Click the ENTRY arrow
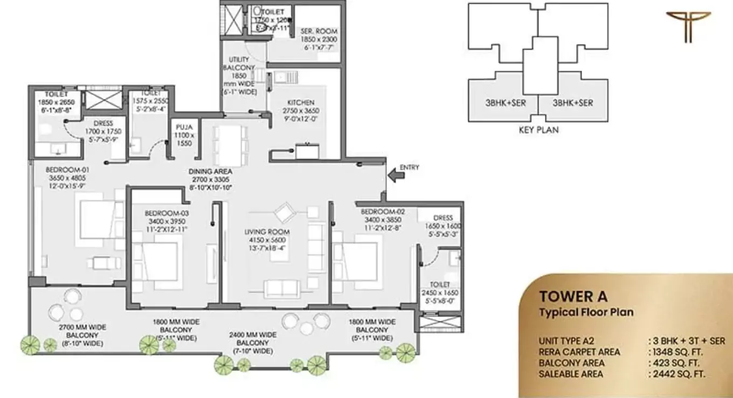(x=395, y=174)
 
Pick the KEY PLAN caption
(x=538, y=129)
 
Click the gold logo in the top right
(x=688, y=26)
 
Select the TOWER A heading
(x=573, y=297)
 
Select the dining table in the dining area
(x=230, y=145)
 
